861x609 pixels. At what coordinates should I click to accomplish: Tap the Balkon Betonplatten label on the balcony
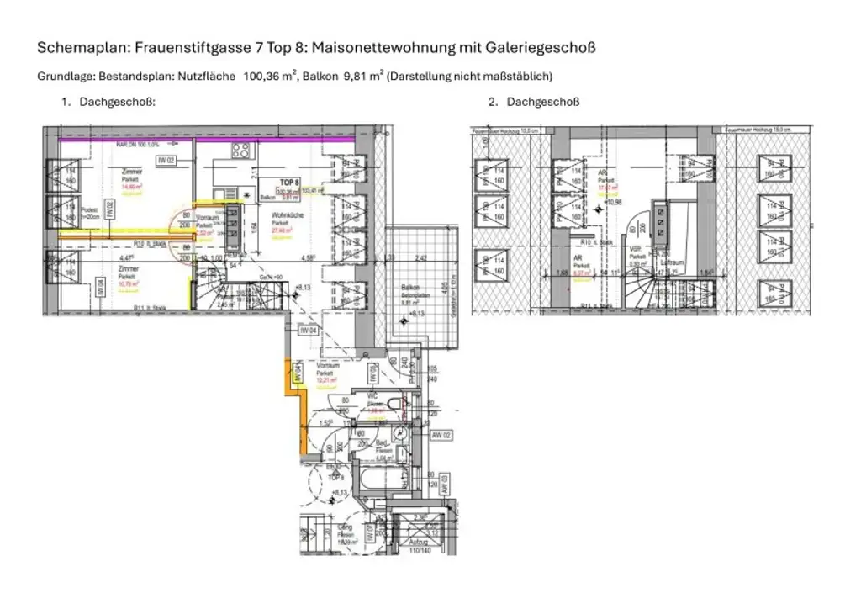409,289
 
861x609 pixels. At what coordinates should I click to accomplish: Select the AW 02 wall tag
441,435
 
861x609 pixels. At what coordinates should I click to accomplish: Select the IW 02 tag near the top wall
166,160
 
